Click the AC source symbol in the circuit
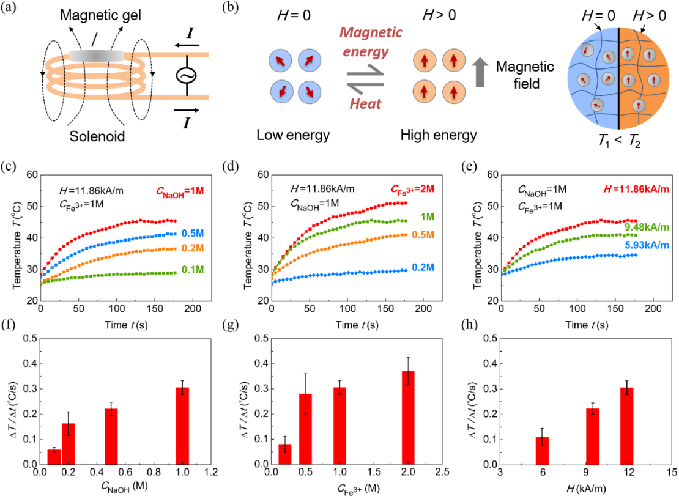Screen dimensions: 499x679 coord(186,75)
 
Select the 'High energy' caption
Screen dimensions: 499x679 coord(439,135)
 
